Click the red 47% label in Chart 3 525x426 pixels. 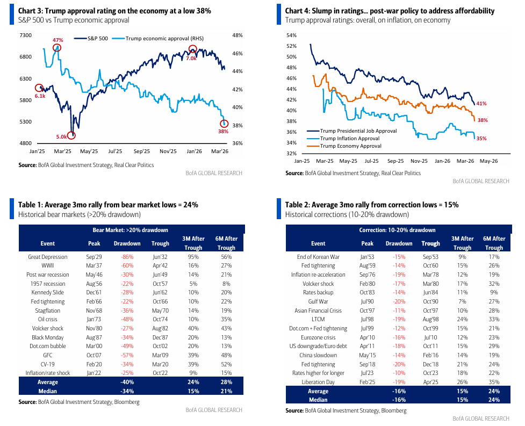point(58,40)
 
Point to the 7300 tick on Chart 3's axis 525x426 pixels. point(25,35)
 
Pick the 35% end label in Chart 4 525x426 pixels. point(481,138)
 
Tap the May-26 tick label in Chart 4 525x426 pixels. point(488,161)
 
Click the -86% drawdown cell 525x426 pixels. point(127,257)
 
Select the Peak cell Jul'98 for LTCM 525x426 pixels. point(367,319)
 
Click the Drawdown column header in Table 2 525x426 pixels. point(399,243)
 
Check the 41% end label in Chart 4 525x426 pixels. point(481,104)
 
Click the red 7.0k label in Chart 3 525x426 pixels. point(191,58)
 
